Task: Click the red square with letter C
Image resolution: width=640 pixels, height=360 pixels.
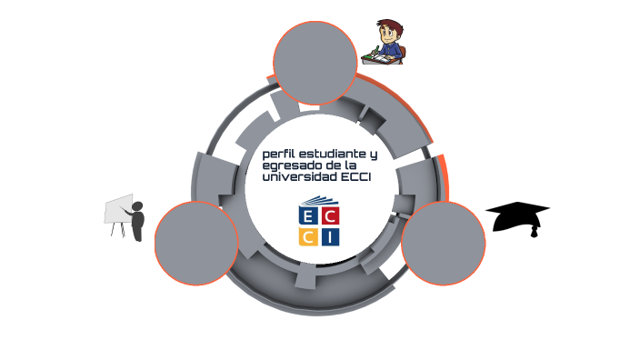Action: point(330,217)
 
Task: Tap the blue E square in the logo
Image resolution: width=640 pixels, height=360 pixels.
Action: point(308,217)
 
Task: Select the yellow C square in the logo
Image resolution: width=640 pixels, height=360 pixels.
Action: point(308,237)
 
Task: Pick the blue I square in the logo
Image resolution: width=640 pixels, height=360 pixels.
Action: point(330,237)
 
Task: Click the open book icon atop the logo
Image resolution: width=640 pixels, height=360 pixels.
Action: point(319,202)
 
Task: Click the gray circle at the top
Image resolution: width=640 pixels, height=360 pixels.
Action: point(315,62)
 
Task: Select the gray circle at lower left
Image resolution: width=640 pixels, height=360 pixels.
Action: point(196,243)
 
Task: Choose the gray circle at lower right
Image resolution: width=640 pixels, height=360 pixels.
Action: point(443,243)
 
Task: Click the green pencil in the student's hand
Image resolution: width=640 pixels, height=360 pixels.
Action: point(375,51)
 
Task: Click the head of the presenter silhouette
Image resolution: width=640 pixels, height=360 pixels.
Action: point(138,207)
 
